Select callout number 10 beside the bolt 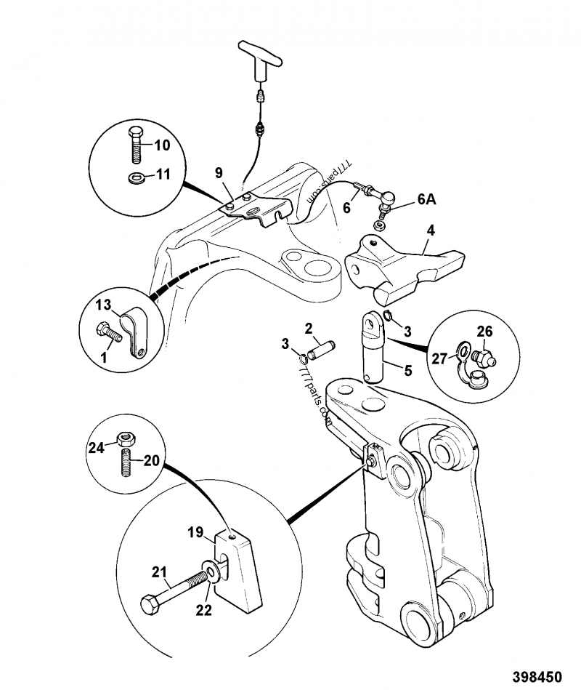[161, 145]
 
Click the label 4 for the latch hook [430, 232]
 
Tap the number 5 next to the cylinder [407, 369]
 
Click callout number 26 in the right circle [484, 332]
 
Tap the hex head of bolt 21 [148, 604]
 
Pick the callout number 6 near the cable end [347, 207]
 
